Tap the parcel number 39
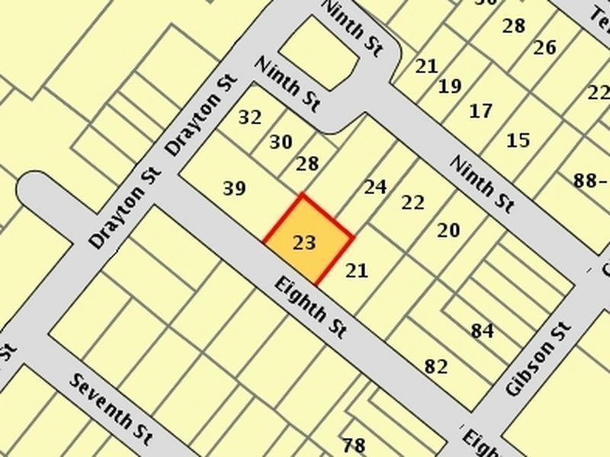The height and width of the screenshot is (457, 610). (234, 189)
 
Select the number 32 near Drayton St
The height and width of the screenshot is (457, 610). (249, 118)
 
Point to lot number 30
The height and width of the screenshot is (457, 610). (281, 142)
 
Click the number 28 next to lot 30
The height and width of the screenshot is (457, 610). (307, 164)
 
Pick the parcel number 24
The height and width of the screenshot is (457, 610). (374, 187)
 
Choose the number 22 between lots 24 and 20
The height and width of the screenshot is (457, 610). (413, 203)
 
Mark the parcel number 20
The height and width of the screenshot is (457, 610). (448, 230)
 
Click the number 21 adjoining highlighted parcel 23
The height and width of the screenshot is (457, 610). (357, 270)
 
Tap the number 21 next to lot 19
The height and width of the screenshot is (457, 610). (426, 66)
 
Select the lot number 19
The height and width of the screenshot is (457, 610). (450, 86)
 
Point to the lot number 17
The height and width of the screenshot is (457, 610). (480, 112)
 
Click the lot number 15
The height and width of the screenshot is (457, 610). (518, 140)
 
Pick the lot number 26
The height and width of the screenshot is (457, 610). (544, 48)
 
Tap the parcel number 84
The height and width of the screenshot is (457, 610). (483, 331)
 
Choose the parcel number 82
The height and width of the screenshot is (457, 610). (436, 366)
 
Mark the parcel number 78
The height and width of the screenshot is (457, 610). (354, 446)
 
